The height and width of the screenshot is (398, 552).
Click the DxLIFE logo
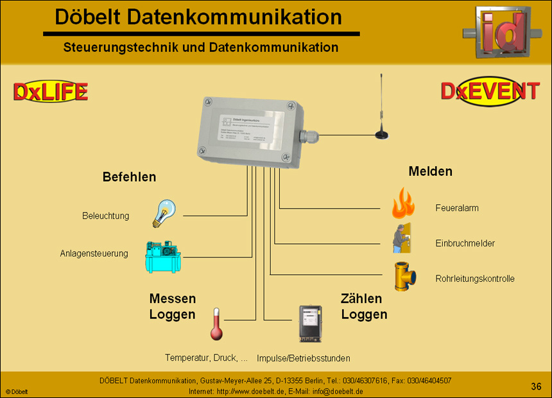pyautogui.click(x=51, y=92)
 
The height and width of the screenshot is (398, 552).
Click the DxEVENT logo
pyautogui.click(x=490, y=92)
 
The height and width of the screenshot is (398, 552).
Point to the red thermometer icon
pyautogui.click(x=216, y=324)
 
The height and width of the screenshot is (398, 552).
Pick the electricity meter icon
pyautogui.click(x=309, y=323)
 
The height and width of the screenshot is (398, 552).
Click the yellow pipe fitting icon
pyautogui.click(x=404, y=277)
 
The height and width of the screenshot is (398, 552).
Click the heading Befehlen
pyautogui.click(x=129, y=177)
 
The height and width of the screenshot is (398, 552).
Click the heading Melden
pyautogui.click(x=430, y=171)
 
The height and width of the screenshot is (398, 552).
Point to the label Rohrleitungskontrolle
pyautogui.click(x=474, y=279)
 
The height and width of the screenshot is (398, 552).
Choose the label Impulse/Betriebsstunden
pyautogui.click(x=303, y=358)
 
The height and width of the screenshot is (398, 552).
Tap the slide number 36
pyautogui.click(x=536, y=386)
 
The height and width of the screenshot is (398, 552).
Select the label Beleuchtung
pyautogui.click(x=105, y=216)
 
